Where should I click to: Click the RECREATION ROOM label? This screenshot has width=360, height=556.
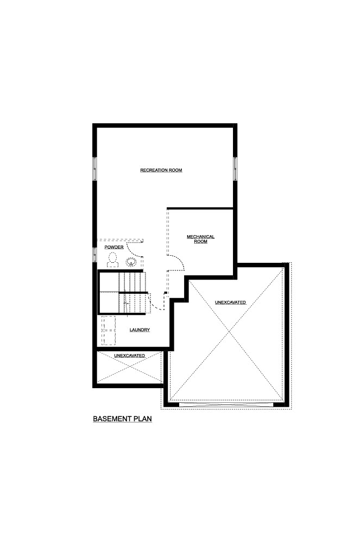point(161,170)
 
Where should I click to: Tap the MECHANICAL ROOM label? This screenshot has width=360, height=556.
point(201,239)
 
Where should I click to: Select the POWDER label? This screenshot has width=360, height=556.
point(114,247)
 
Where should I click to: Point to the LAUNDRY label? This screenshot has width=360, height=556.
point(140,330)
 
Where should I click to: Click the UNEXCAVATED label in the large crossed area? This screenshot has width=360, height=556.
point(231,302)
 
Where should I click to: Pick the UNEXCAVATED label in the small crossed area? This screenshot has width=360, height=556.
point(129,356)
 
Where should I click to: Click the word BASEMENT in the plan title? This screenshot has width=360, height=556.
point(112,419)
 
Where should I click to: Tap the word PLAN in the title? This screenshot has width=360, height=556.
point(143,419)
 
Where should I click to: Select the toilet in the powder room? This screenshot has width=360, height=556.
point(113,260)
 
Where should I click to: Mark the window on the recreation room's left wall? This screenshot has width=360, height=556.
point(94,169)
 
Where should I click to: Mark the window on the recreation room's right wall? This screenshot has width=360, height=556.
point(235,169)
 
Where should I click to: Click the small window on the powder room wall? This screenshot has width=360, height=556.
point(94,255)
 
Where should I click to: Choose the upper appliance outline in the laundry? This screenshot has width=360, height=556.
point(109,323)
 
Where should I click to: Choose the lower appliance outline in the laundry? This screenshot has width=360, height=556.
point(109,338)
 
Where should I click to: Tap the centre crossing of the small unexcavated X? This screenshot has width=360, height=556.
point(130,367)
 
